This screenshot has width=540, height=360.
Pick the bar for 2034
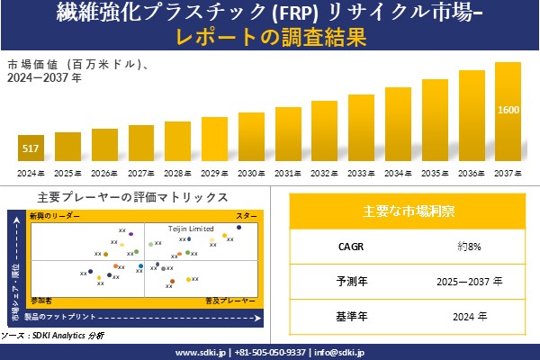pyautogui.click(x=398, y=125)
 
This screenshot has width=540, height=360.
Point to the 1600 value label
pyautogui.click(x=508, y=110)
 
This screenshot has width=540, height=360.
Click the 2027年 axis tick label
pyautogui.click(x=141, y=173)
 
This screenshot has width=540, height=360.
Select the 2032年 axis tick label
pyautogui.click(x=325, y=173)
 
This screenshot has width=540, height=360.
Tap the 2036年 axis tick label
pyautogui.click(x=472, y=173)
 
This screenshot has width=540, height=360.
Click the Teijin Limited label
pyautogui.click(x=191, y=229)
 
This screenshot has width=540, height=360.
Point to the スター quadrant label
pyautogui.click(x=246, y=217)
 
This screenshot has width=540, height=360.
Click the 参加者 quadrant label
pyautogui.click(x=40, y=298)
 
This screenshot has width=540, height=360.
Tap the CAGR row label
pyautogui.click(x=346, y=246)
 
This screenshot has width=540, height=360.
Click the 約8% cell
pyautogui.click(x=470, y=246)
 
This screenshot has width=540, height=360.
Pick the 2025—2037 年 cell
pyautogui.click(x=470, y=281)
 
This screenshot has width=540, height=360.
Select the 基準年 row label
pyautogui.click(x=346, y=316)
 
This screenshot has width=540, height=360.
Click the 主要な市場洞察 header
pyautogui.click(x=408, y=211)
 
